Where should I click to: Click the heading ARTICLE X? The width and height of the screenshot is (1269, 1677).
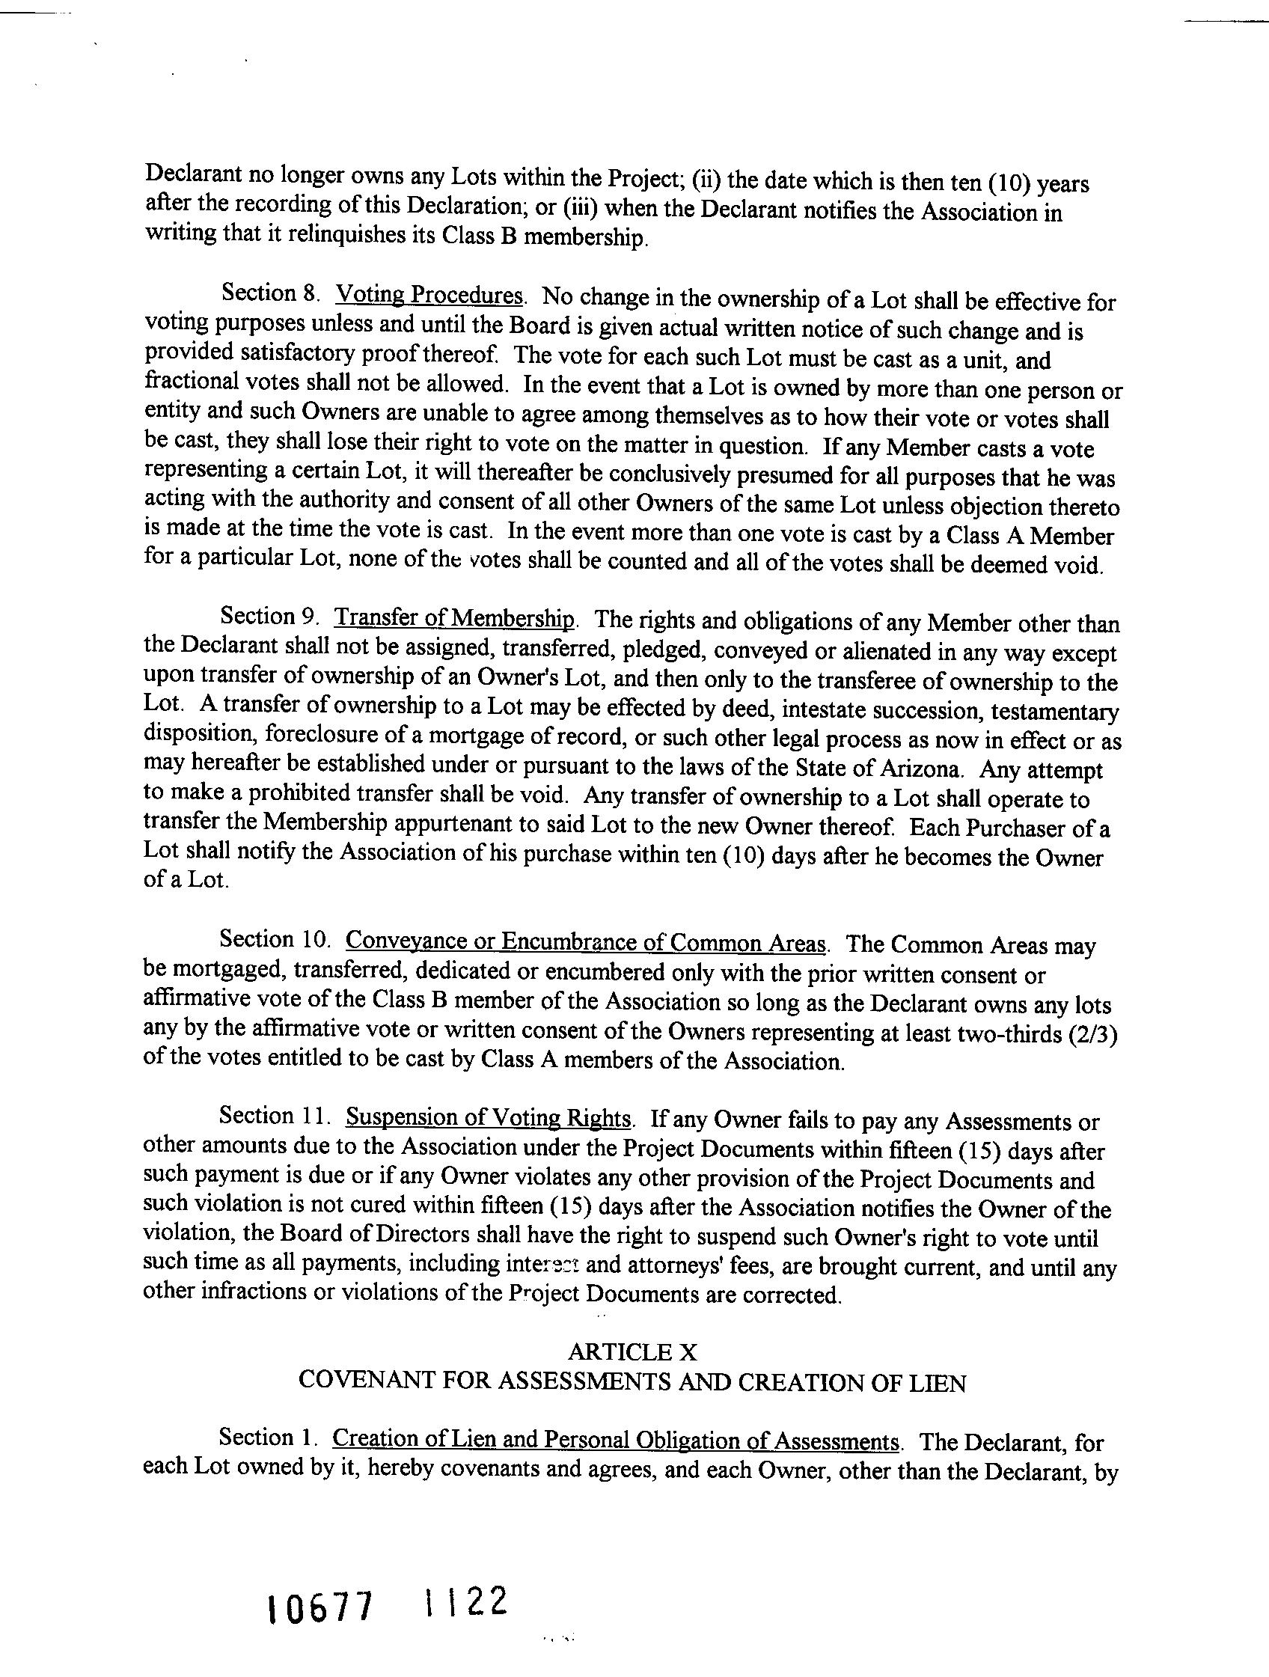[x=632, y=1351]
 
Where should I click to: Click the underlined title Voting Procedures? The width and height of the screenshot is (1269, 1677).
[x=429, y=294]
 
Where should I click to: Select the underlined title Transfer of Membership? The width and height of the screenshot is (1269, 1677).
[x=455, y=618]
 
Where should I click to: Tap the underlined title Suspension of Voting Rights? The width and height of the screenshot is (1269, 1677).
[x=488, y=1117]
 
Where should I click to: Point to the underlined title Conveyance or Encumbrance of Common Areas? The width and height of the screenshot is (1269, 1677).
[x=585, y=942]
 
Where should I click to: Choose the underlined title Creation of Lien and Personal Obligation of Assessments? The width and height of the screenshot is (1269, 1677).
[x=616, y=1439]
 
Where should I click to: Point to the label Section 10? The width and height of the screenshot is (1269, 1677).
[x=275, y=940]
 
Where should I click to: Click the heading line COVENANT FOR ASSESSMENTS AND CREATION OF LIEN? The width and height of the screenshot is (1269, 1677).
[x=632, y=1382]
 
